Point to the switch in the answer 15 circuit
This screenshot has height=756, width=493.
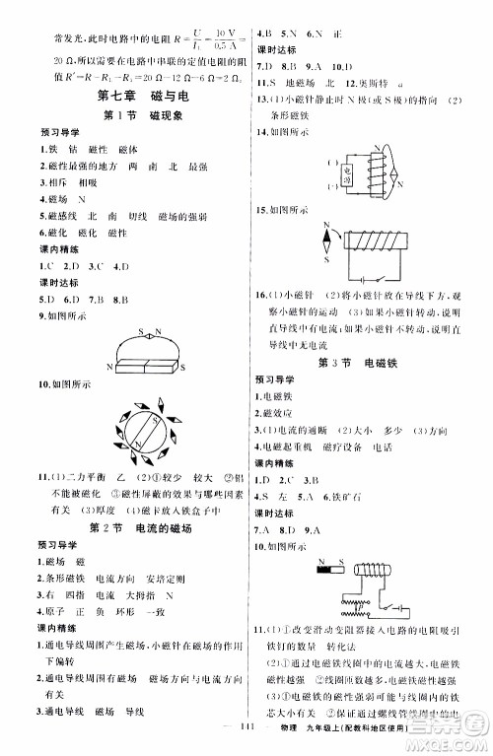[x=365, y=279]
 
